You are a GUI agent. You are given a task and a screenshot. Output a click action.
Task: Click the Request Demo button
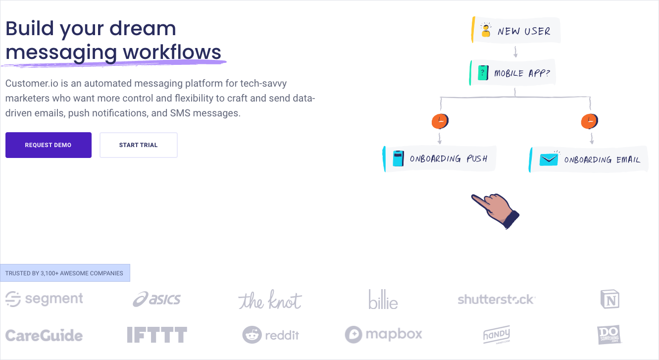coord(49,145)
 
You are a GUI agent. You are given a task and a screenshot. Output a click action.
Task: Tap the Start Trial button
coord(139,145)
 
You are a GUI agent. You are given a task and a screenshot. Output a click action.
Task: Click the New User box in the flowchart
coord(516,30)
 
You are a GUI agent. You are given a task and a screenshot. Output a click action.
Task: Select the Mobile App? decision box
coord(512,73)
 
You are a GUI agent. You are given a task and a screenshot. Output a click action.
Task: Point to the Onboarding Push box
coord(440,159)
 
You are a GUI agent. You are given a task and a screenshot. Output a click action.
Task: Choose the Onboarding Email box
coord(588,159)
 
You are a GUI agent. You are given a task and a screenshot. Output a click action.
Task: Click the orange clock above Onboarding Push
coord(440,121)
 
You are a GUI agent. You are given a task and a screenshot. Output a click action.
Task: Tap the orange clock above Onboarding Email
coord(590,121)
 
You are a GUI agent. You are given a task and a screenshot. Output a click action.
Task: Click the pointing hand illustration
coord(496,211)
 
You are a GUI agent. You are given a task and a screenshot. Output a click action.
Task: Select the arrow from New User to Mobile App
coord(515,51)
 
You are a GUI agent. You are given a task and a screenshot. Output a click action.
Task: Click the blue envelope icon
coord(549,160)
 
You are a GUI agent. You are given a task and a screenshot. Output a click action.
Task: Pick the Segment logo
coord(44,299)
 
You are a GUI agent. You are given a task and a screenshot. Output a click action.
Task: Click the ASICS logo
coord(156,300)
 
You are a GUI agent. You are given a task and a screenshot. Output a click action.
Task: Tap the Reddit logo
coord(271,335)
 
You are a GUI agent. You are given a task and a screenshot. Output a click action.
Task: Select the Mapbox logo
coord(384,334)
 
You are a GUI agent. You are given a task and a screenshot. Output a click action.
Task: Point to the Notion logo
coord(610,299)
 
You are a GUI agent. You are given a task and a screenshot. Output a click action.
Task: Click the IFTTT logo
coord(157,335)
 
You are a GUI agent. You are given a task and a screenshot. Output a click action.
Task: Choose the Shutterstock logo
coord(497,300)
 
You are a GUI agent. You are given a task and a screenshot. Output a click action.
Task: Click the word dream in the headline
coord(143,29)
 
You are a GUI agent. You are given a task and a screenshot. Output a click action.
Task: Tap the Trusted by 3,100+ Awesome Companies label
coord(64,273)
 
